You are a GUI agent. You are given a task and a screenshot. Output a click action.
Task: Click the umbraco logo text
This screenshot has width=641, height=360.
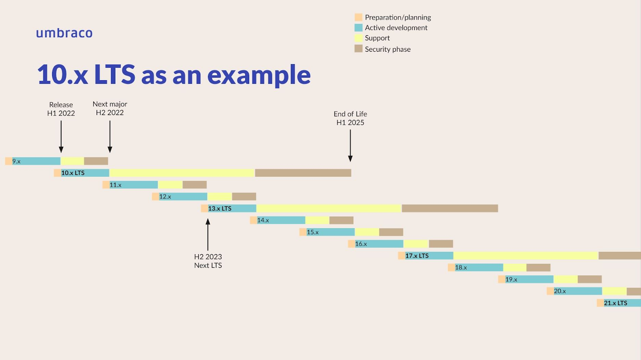point(64,33)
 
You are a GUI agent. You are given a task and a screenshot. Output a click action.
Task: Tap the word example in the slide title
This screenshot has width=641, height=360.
point(259,75)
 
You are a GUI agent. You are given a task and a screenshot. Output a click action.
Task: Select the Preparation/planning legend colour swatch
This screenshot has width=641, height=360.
point(358,17)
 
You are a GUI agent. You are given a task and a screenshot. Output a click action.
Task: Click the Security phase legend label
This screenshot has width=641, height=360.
point(388,49)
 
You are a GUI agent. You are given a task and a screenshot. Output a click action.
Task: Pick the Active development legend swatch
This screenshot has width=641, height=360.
point(358,28)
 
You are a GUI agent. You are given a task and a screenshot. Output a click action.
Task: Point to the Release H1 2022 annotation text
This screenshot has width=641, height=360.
point(61,109)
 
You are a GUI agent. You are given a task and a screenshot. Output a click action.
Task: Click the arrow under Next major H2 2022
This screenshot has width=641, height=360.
point(110,137)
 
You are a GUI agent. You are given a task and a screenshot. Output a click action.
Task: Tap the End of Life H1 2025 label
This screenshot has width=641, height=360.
point(350,118)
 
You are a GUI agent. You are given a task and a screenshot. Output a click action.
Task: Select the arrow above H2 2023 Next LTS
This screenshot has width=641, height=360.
point(208,235)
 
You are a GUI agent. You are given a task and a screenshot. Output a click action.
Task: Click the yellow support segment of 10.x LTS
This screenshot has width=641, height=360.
point(182,173)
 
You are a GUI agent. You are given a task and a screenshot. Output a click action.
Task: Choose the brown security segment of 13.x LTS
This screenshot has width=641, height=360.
point(450,208)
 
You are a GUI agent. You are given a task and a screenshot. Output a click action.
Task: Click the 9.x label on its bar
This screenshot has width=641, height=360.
point(16,161)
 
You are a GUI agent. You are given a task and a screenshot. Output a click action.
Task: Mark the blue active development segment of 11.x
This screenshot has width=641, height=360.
point(134,185)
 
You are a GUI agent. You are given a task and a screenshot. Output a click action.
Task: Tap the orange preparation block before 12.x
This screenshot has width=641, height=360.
point(155,196)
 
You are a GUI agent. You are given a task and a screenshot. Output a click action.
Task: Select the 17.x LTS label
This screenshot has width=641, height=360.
point(417,256)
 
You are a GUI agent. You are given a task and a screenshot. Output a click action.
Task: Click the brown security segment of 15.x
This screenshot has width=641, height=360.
point(391,232)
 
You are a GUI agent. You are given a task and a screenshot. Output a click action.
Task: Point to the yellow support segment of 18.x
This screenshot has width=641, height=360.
point(515,267)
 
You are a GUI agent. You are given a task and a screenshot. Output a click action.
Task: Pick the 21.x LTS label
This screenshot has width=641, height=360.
point(615,303)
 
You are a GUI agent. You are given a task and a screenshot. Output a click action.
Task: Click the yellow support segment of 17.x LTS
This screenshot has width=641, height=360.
point(526,256)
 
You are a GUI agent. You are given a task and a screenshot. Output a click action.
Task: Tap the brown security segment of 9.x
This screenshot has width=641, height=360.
point(96,161)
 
